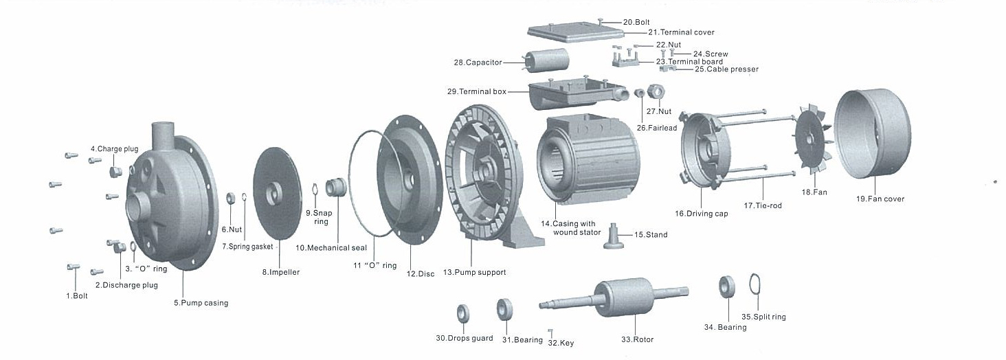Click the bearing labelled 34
[x=726, y=287]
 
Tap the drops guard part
[x=463, y=313]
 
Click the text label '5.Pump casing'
[x=201, y=303]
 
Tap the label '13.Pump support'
[x=474, y=273]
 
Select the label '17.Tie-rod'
[x=763, y=205]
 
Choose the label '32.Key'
[x=561, y=342]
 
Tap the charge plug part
[x=116, y=170]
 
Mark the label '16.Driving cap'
[x=701, y=214]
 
